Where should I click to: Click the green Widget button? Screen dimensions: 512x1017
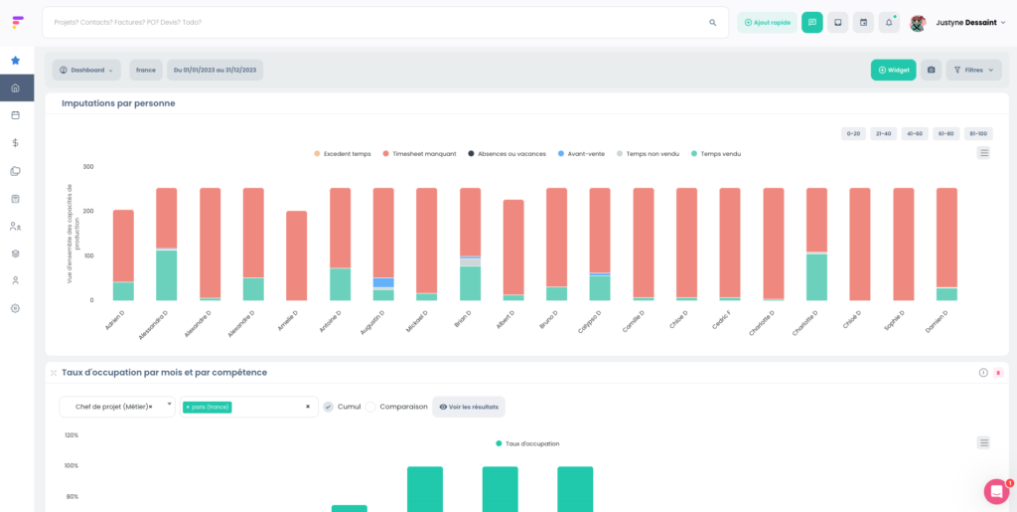893,70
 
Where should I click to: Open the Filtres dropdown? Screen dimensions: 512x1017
973,70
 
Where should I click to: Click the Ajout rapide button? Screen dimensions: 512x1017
767,22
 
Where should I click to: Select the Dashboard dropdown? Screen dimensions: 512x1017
86,70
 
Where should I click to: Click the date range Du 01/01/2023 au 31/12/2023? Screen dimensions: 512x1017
215,70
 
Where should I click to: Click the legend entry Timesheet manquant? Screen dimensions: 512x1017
419,154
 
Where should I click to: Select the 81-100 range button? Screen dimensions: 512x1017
978,133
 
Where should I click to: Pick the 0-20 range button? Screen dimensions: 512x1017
853,133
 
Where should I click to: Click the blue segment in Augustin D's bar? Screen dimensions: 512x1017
383,283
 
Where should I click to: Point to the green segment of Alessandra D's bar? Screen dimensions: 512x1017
166,275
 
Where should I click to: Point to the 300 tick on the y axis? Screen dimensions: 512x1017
88,167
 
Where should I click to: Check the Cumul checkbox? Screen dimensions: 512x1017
329,407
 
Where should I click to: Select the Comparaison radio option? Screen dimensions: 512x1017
370,407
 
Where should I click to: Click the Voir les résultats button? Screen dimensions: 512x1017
469,407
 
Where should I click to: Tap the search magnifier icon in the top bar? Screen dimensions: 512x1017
712,22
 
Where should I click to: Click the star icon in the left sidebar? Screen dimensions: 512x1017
15,60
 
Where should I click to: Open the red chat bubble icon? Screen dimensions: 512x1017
996,491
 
